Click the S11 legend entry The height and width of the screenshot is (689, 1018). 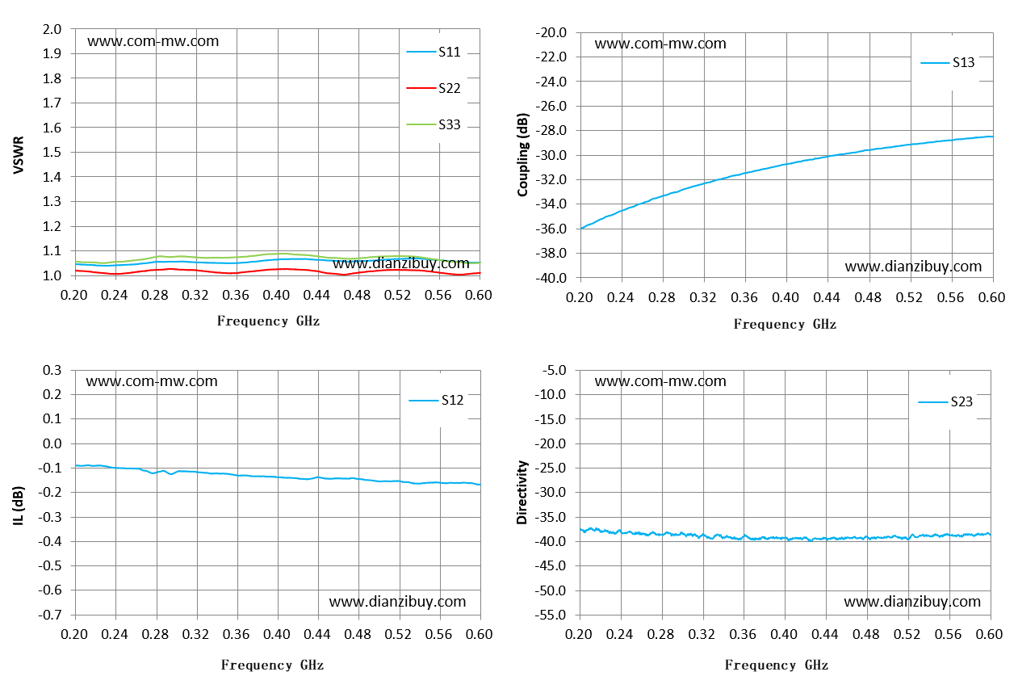(x=434, y=52)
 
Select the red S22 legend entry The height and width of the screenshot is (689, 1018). (x=434, y=88)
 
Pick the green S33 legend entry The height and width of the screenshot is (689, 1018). (x=434, y=124)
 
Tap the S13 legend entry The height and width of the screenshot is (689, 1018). (x=948, y=62)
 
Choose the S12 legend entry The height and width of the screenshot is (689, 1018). (x=436, y=400)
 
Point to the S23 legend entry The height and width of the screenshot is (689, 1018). (x=945, y=401)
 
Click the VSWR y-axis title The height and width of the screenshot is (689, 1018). (x=19, y=155)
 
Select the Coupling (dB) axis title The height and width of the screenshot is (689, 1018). (x=522, y=154)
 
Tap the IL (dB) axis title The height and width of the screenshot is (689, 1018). (x=19, y=506)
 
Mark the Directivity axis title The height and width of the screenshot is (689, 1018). (x=522, y=493)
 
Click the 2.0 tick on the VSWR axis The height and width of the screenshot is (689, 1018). (x=52, y=29)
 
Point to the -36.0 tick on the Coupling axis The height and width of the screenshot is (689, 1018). (x=551, y=229)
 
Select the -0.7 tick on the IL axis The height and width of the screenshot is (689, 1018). (x=49, y=615)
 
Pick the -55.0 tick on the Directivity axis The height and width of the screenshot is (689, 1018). (x=551, y=615)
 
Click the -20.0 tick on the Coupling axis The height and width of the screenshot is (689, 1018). (x=551, y=32)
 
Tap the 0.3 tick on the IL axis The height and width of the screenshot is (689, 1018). (x=52, y=370)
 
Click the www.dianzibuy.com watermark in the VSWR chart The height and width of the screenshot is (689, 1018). (x=401, y=264)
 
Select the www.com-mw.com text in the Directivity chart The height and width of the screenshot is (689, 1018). (x=660, y=381)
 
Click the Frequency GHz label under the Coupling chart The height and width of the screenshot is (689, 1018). (x=785, y=324)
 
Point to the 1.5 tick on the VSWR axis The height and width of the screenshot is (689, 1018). (x=52, y=152)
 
